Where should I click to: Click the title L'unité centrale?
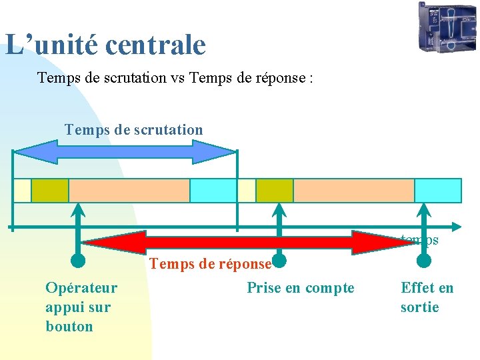105,45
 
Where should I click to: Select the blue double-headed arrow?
125,151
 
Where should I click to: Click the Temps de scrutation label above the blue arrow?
133,129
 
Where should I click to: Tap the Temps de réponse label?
210,264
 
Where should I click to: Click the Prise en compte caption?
301,288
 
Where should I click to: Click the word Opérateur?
81,288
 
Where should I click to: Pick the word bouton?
69,327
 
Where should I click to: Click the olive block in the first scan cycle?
50,191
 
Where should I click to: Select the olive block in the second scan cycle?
275,191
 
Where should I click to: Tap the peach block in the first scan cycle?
129,191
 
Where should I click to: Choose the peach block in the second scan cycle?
354,191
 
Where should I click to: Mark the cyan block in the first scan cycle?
213,191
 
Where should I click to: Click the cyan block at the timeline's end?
438,191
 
